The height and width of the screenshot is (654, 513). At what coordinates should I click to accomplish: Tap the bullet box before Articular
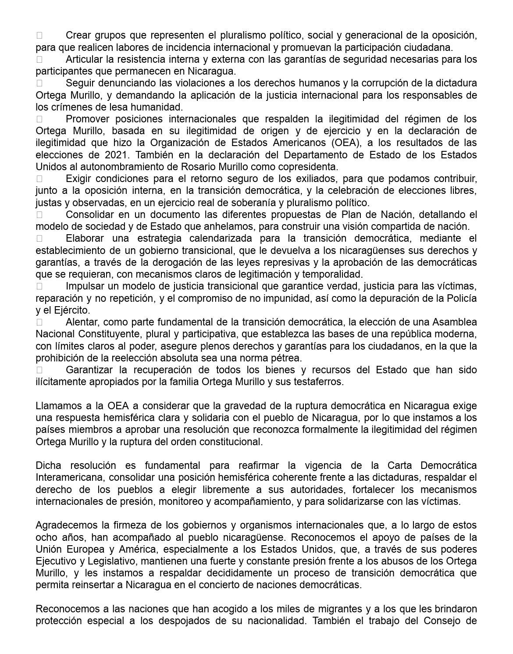[39, 59]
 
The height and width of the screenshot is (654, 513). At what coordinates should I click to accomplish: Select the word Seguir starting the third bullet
[79, 83]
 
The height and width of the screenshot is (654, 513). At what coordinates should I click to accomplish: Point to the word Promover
[87, 119]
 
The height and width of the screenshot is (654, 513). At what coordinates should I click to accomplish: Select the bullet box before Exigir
[39, 179]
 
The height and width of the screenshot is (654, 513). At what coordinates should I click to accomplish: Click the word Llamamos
[55, 406]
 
